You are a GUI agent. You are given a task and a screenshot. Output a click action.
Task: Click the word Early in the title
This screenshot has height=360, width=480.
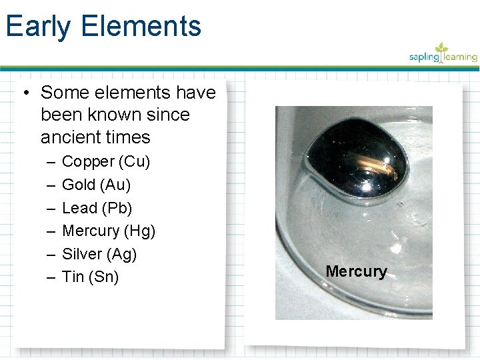[38, 27]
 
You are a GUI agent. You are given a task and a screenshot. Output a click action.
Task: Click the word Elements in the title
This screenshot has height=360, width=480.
[141, 27]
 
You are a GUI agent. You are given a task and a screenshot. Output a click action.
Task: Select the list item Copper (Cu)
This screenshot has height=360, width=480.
[106, 161]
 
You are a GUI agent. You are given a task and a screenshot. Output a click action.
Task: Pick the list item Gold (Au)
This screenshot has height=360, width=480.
[96, 185]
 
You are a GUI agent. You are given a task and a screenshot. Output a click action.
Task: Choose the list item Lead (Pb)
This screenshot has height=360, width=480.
[97, 208]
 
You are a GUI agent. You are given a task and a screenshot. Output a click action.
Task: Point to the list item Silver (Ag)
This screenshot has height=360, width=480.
[99, 254]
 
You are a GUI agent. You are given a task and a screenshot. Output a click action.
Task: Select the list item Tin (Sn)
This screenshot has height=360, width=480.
[90, 277]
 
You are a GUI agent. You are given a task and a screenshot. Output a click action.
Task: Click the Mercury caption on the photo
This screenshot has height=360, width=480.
[356, 271]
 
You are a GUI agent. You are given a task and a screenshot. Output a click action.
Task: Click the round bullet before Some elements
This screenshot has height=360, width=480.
[25, 93]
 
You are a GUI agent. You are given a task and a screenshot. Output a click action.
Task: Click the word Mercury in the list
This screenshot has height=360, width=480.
[91, 231]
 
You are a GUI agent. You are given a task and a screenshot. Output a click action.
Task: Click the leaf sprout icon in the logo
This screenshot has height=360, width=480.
[441, 48]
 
